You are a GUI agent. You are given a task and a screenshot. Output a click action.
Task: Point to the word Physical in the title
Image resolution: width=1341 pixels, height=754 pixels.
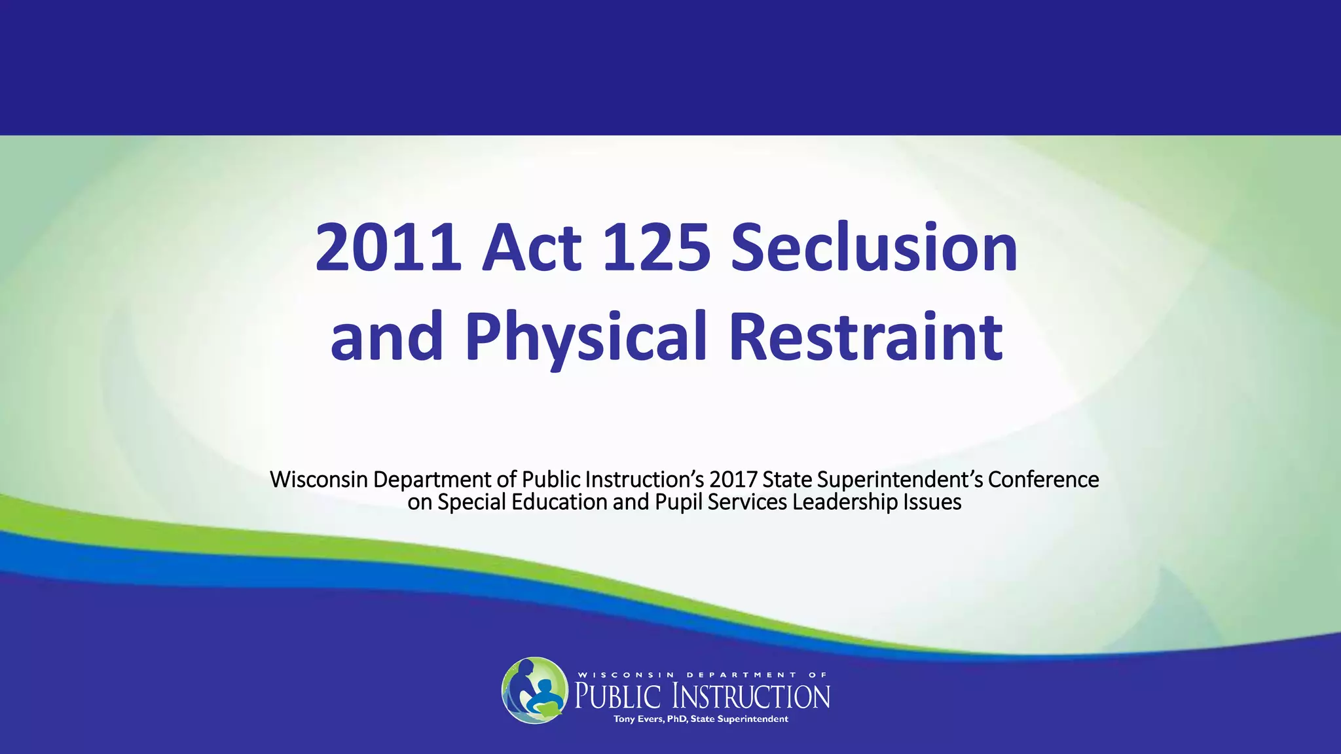coord(586,337)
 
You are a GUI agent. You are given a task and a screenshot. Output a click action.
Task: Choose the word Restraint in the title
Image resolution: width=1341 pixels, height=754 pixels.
coord(866,337)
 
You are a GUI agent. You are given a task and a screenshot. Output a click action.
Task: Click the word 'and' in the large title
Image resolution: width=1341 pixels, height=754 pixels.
coord(387,337)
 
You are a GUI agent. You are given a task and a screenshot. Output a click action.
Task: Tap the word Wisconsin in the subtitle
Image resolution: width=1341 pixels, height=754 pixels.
coord(319,480)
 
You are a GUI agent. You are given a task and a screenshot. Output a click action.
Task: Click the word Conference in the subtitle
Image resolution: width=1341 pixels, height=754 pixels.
coord(1043,480)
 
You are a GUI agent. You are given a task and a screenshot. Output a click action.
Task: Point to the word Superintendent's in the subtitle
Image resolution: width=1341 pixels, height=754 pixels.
coord(900,480)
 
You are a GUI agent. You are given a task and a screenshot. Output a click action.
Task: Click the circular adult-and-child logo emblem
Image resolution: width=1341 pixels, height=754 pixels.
coord(534,691)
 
